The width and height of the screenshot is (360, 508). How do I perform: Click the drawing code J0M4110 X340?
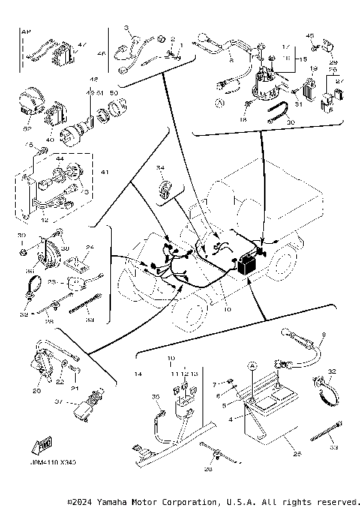point(55,462)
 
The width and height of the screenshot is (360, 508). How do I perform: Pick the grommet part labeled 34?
point(164,191)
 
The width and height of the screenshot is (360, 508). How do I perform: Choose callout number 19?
point(313,68)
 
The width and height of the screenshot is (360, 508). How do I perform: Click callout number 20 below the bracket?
point(36,390)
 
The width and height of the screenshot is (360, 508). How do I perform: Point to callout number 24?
point(89,247)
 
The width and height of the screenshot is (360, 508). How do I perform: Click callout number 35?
point(156,397)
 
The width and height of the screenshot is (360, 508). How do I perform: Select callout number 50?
point(114,92)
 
